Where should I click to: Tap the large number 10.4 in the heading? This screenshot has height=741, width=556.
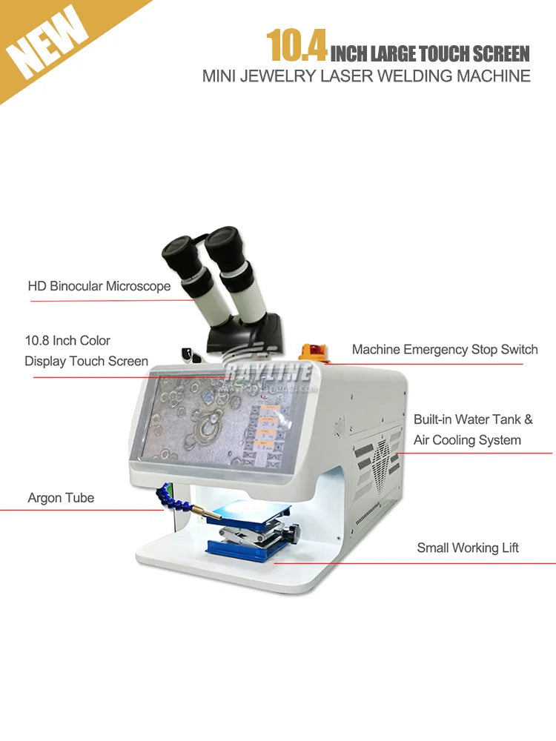[297, 46]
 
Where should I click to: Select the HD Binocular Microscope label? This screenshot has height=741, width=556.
[99, 286]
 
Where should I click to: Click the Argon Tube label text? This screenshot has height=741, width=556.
[61, 498]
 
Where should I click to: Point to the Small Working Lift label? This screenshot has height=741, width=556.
[468, 548]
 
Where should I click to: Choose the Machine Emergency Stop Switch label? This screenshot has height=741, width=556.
[445, 350]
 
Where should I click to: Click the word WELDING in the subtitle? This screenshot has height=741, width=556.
[407, 76]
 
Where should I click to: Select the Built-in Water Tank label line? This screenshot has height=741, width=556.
[473, 419]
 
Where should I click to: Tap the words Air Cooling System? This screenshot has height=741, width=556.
[467, 440]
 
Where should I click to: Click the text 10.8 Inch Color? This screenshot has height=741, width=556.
[67, 341]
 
